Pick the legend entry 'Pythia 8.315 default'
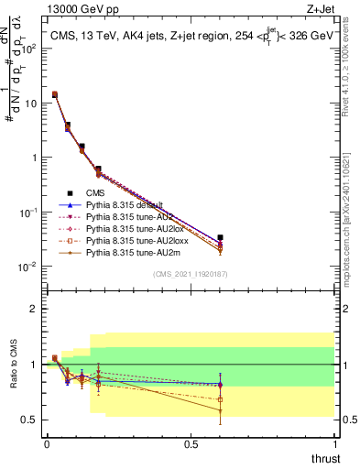[x=125, y=204]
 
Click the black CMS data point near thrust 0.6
[x=220, y=237]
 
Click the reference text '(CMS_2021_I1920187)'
[x=191, y=274]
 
